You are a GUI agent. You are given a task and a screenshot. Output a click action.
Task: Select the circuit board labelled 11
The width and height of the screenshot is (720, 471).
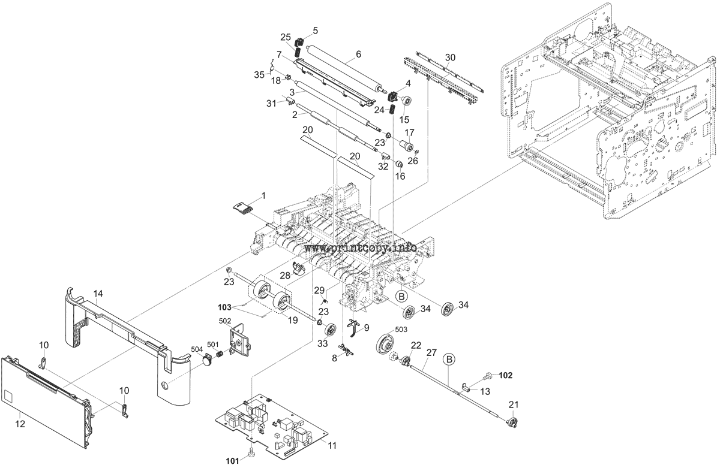click(x=273, y=425)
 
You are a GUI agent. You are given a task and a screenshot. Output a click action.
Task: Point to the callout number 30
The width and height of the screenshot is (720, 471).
click(x=450, y=57)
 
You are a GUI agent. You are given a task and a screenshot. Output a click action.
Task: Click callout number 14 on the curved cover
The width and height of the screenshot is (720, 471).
click(x=98, y=294)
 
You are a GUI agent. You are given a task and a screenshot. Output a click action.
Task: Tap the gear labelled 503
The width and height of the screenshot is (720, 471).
click(x=386, y=346)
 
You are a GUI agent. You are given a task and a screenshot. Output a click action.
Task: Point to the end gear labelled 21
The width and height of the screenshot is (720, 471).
click(x=511, y=422)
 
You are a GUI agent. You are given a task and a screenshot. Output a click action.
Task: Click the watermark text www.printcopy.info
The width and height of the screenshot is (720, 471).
click(x=361, y=247)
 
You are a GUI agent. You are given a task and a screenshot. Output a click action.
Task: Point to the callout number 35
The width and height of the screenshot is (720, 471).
click(x=259, y=74)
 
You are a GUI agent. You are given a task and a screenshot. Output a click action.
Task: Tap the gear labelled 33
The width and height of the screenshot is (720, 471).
click(x=331, y=330)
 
